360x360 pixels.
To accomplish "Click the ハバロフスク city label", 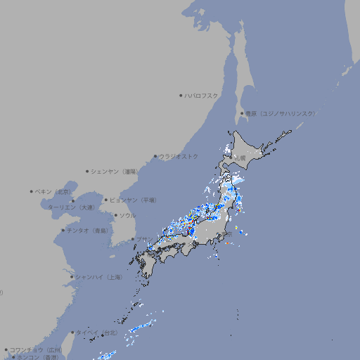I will (x=202, y=95).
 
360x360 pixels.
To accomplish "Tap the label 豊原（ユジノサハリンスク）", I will (x=281, y=113).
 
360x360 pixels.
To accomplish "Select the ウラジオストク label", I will (x=179, y=156).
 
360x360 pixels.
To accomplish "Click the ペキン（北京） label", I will (x=54, y=191).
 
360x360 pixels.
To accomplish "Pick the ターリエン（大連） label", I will (x=71, y=207).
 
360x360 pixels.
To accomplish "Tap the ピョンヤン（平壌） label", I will (x=134, y=200).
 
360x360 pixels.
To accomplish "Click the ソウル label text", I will (x=127, y=215).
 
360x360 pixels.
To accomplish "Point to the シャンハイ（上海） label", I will (x=98, y=277).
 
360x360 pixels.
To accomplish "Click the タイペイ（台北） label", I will (x=98, y=333).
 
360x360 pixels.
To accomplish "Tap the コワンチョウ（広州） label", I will (x=36, y=349).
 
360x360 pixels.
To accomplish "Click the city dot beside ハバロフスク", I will (x=181, y=95).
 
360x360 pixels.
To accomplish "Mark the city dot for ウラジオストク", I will (x=155, y=156).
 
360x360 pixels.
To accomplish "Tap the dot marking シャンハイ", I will (x=72, y=277).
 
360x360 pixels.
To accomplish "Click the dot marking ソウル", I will (x=115, y=215).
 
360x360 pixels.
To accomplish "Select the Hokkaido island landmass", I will (x=257, y=148).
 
